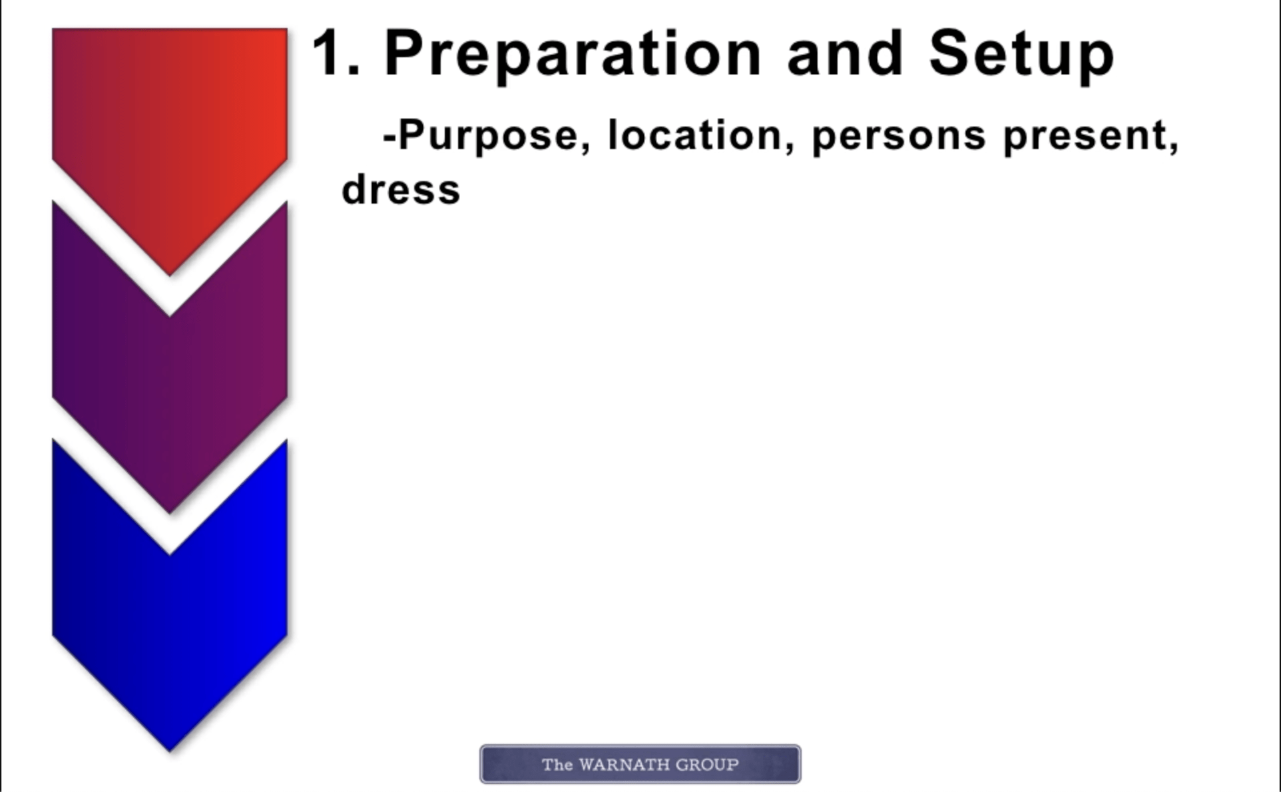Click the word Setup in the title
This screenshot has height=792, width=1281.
click(x=1021, y=56)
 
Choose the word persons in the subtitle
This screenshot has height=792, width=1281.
click(x=899, y=136)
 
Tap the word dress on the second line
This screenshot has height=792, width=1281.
click(x=401, y=189)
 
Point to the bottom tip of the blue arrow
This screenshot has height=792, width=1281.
click(x=170, y=751)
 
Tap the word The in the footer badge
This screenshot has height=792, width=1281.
click(x=557, y=765)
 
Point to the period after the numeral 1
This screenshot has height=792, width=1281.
click(x=354, y=70)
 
